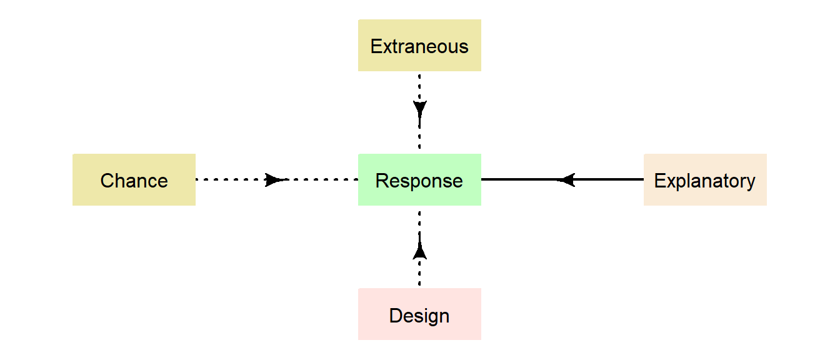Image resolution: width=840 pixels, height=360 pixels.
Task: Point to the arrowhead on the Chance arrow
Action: pyautogui.click(x=274, y=180)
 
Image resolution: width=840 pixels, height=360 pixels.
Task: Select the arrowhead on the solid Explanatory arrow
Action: pyautogui.click(x=566, y=180)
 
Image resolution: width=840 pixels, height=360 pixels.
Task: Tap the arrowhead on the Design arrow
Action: pyautogui.click(x=419, y=251)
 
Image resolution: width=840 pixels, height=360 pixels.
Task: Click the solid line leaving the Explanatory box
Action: pyautogui.click(x=612, y=180)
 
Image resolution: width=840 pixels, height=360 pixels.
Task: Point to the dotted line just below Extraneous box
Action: pyautogui.click(x=419, y=84)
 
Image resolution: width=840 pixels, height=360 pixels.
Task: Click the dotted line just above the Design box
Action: pyautogui.click(x=419, y=275)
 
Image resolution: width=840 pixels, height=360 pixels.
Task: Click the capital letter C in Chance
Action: pyautogui.click(x=107, y=181)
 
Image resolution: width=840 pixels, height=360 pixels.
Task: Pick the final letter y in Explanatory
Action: pyautogui.click(x=751, y=182)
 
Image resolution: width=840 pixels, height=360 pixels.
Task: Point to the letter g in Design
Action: pyautogui.click(x=429, y=317)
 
